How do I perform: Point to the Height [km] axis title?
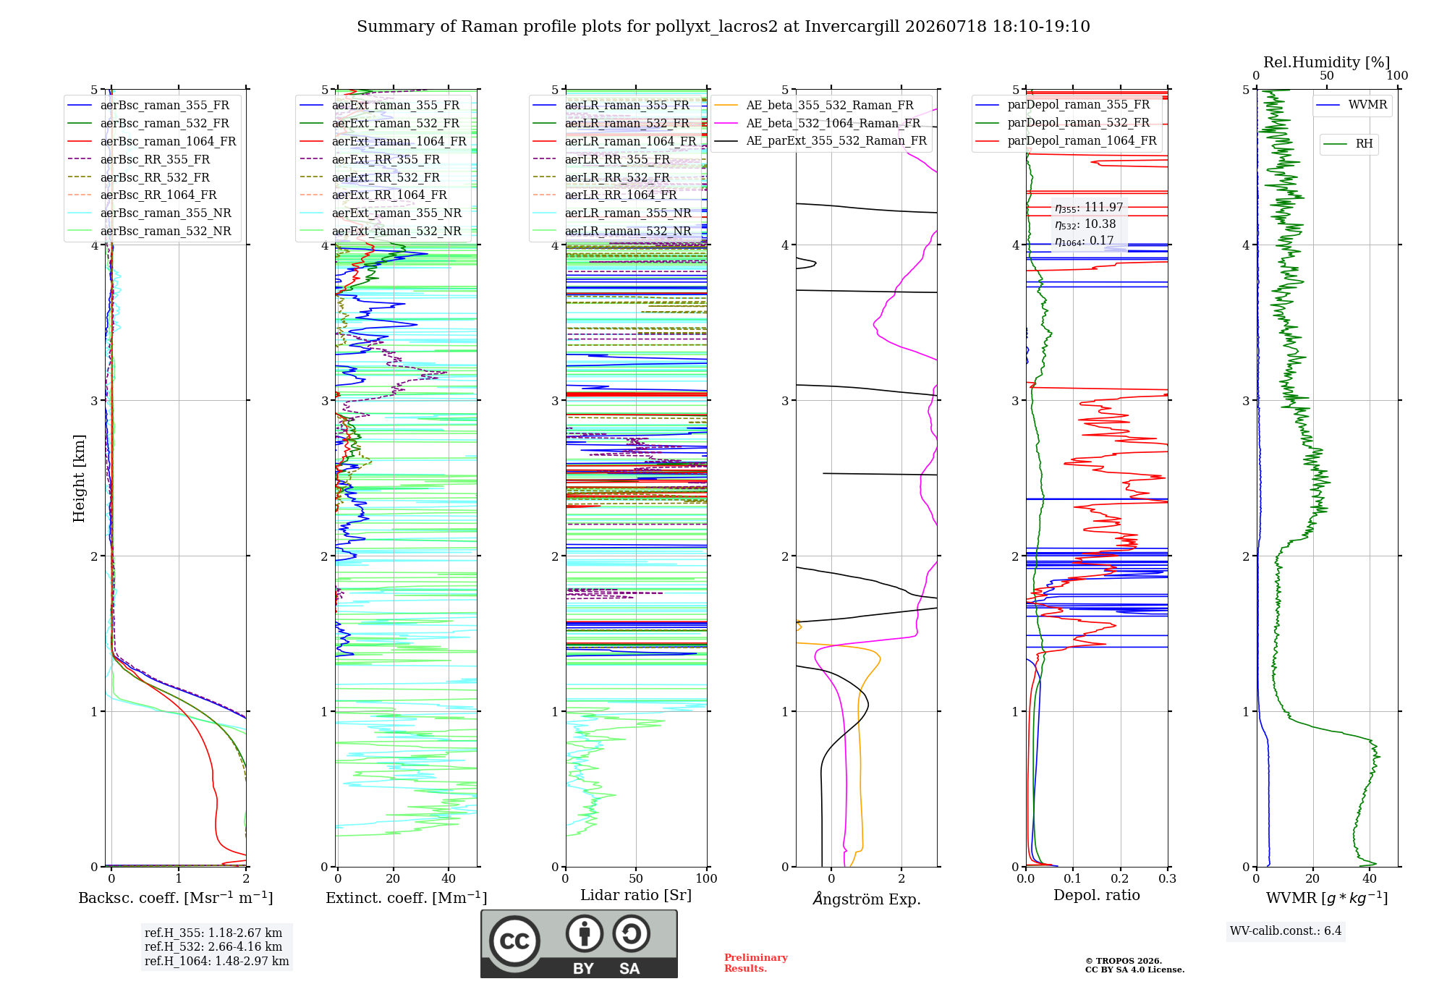(80, 478)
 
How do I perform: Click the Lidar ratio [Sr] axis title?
(636, 895)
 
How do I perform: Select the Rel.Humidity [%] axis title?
(1327, 62)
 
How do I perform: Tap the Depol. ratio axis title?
(1097, 895)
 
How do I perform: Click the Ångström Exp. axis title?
(867, 899)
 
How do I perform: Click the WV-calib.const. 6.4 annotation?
(1286, 930)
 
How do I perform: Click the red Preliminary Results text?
(756, 963)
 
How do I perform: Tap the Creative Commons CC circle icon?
(515, 941)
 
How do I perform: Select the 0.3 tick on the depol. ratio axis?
(1168, 878)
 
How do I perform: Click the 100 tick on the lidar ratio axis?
(707, 878)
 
